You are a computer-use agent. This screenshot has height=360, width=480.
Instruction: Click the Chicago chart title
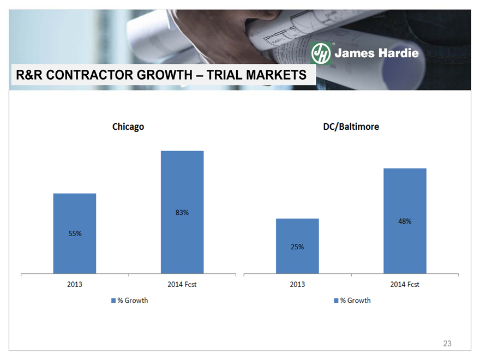pos(128,127)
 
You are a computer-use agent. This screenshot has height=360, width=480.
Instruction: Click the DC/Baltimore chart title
pos(351,127)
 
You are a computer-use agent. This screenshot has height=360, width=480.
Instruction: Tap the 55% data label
pos(75,233)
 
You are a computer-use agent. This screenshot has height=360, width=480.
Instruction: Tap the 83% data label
pos(182,213)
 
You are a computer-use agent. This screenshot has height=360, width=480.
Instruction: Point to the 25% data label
pos(297,247)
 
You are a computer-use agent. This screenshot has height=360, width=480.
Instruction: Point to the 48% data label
pos(405,221)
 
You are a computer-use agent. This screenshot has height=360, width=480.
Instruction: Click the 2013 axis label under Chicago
pos(75,284)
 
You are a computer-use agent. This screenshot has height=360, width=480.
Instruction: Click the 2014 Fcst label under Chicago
pos(182,284)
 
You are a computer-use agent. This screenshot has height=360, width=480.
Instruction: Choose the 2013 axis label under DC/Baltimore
pos(297,284)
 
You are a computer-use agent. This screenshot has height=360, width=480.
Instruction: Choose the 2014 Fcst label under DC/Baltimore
pos(405,284)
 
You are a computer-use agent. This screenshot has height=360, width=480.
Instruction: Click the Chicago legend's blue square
pos(114,301)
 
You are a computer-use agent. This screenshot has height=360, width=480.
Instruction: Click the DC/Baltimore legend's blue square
pos(337,301)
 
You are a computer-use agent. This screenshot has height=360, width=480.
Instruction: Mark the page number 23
pos(447,344)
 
